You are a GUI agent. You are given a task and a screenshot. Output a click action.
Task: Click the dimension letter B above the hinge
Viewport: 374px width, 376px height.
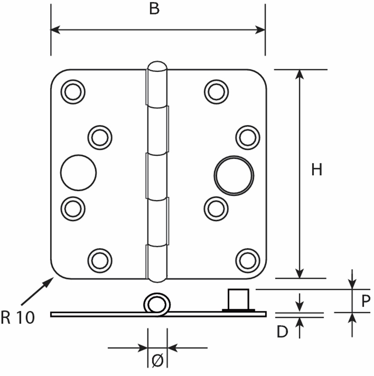154,9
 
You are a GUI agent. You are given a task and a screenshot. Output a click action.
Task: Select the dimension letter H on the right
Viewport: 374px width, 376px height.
317,170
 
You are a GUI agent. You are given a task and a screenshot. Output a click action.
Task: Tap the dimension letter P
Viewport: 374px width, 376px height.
363,301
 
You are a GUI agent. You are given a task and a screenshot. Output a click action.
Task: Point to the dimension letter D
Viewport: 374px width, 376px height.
282,332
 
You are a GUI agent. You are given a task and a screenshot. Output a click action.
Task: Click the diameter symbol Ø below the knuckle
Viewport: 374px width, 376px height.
157,361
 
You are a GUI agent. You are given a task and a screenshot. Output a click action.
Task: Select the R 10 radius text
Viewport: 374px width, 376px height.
18,318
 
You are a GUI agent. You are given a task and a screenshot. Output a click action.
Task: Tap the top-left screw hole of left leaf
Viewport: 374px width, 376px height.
73,92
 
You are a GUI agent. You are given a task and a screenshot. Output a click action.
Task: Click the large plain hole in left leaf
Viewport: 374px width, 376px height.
78,173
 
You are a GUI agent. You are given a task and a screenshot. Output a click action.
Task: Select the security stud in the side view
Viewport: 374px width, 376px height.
239,300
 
